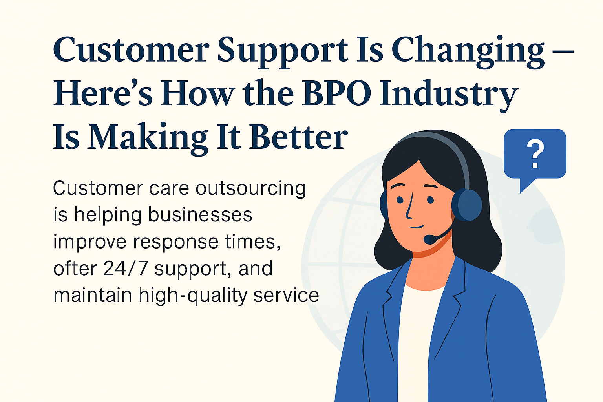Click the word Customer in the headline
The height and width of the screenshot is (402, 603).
[131, 50]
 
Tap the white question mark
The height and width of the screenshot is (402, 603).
[535, 154]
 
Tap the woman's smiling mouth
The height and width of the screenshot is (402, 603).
[417, 227]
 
